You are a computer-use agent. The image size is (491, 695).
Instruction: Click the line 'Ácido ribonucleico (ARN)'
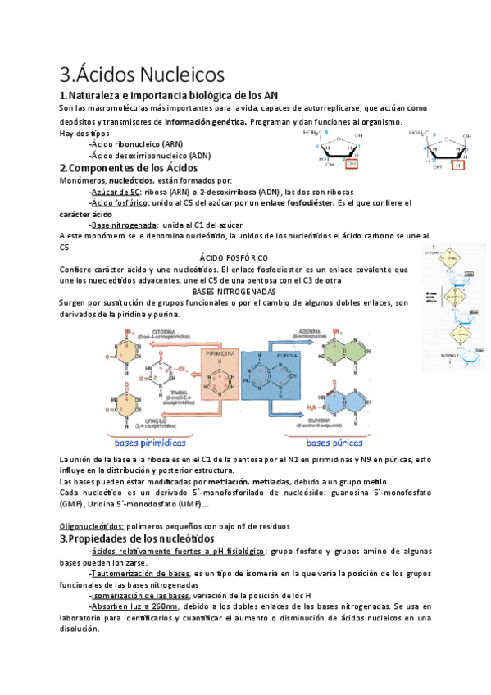point(137,143)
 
